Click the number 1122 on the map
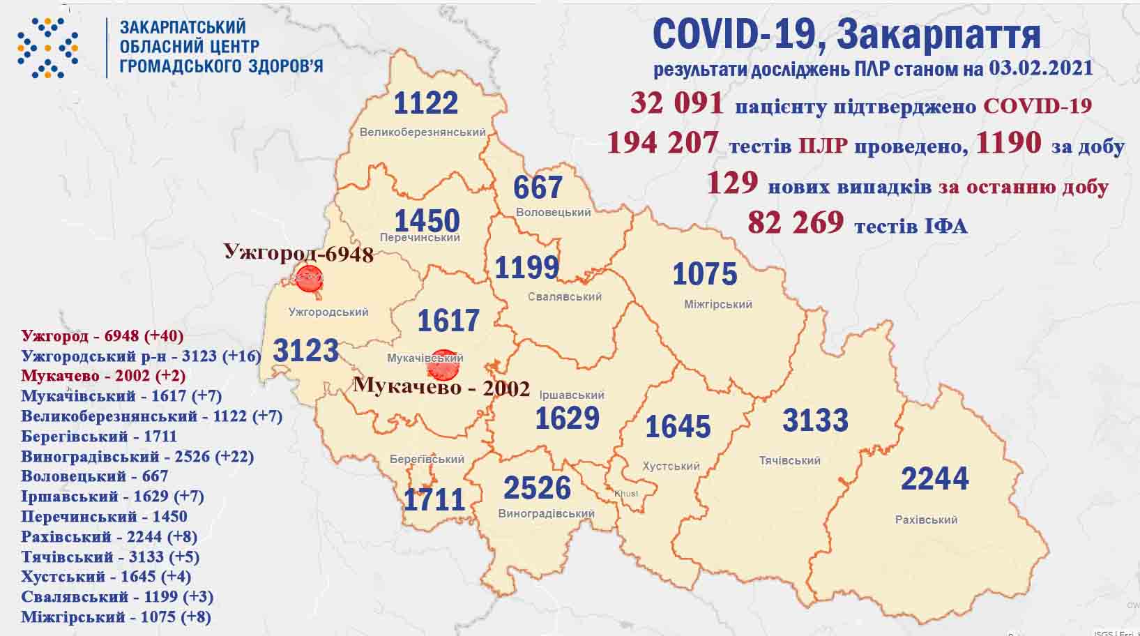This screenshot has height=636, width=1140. (425, 103)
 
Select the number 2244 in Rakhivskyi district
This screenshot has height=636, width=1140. (934, 479)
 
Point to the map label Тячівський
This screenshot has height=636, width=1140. (789, 461)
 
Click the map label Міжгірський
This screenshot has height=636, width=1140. (717, 305)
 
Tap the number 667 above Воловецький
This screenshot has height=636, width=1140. (538, 188)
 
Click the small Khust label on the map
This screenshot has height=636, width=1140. (625, 494)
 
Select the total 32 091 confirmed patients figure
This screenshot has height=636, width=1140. (676, 103)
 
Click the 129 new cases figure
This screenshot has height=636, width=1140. (731, 183)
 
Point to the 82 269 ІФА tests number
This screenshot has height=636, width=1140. (795, 222)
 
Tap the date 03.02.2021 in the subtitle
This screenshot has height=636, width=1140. (1040, 68)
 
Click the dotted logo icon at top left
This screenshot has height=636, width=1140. (48, 47)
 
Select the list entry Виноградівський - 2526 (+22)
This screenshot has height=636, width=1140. (137, 457)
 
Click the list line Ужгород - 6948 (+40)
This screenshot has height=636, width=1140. (102, 336)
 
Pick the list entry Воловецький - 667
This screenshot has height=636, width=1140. (95, 476)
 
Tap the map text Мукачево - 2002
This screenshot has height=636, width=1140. (441, 387)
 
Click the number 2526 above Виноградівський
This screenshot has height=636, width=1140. (536, 488)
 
